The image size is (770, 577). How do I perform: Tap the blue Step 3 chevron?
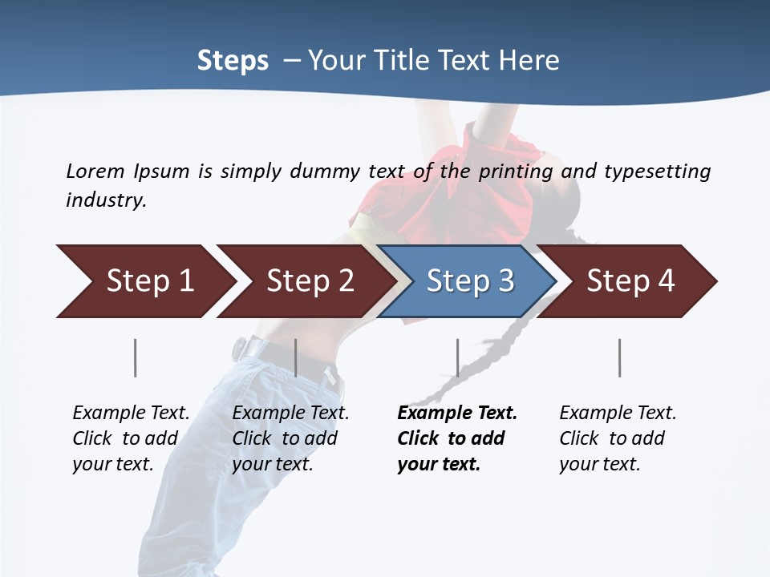(x=469, y=281)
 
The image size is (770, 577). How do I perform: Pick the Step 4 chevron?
(x=630, y=281)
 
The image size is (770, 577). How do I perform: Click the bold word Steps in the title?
(x=233, y=61)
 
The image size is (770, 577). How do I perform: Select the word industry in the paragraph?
(x=105, y=200)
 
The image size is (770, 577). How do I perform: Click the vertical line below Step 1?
(x=135, y=357)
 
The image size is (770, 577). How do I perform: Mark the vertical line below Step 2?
(x=296, y=357)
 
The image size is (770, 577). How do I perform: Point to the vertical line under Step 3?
(x=457, y=357)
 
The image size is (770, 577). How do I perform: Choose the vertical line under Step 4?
(x=619, y=357)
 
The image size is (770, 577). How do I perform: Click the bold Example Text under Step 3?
(x=457, y=414)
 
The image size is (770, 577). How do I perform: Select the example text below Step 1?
(x=131, y=438)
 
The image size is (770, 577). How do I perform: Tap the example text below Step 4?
(x=618, y=438)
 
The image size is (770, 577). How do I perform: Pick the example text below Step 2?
(x=290, y=438)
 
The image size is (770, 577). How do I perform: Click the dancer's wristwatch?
(x=239, y=348)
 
